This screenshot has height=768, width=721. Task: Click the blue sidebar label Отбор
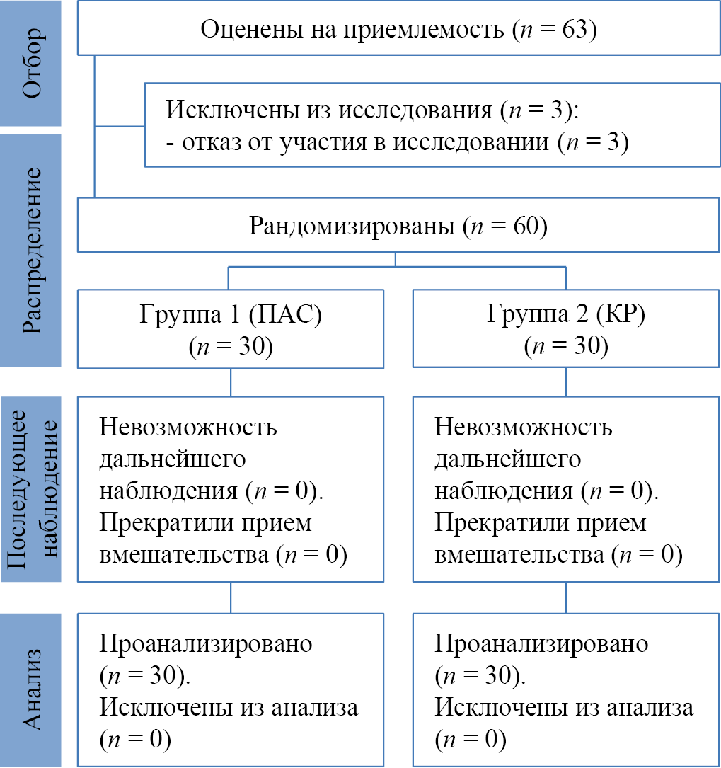click(31, 64)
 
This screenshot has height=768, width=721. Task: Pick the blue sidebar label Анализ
click(31, 689)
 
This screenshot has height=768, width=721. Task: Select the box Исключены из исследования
click(432, 125)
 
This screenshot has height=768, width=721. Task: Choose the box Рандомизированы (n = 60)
click(398, 227)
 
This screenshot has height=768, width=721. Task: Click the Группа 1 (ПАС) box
click(231, 328)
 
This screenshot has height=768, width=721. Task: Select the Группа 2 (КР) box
click(565, 328)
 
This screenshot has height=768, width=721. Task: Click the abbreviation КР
click(620, 314)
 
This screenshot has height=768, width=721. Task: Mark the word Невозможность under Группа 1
click(188, 428)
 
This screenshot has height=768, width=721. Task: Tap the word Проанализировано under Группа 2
click(541, 644)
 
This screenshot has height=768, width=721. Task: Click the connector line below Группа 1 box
click(231, 382)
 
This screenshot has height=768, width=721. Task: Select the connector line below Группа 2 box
click(566, 382)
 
